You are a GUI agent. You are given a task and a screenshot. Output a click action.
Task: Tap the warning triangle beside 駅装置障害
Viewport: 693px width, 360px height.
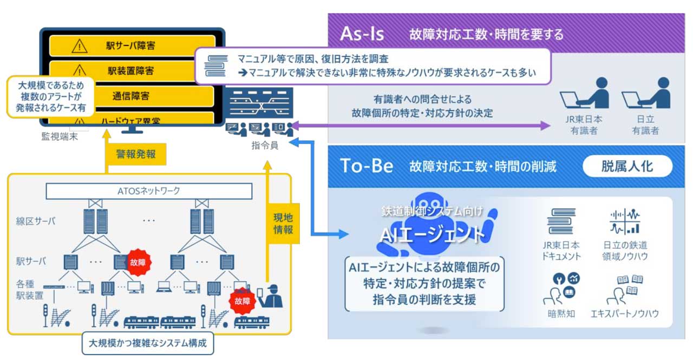click(x=80, y=70)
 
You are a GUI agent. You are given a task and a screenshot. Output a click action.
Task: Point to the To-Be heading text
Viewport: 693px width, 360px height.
click(x=366, y=166)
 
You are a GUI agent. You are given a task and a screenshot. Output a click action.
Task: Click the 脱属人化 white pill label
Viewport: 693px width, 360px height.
click(x=627, y=166)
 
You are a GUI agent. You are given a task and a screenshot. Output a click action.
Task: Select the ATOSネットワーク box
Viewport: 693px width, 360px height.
click(x=149, y=191)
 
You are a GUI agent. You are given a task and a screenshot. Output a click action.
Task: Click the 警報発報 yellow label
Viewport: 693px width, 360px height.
click(x=136, y=154)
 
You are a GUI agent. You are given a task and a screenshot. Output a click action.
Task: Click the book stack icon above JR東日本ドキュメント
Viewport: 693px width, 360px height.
click(x=561, y=221)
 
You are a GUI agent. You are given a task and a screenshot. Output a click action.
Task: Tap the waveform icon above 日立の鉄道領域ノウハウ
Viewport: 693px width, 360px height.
click(x=625, y=221)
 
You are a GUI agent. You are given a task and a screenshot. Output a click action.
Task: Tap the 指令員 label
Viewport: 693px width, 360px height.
click(x=265, y=145)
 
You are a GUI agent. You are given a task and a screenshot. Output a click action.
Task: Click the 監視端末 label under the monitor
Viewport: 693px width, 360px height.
click(x=60, y=136)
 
